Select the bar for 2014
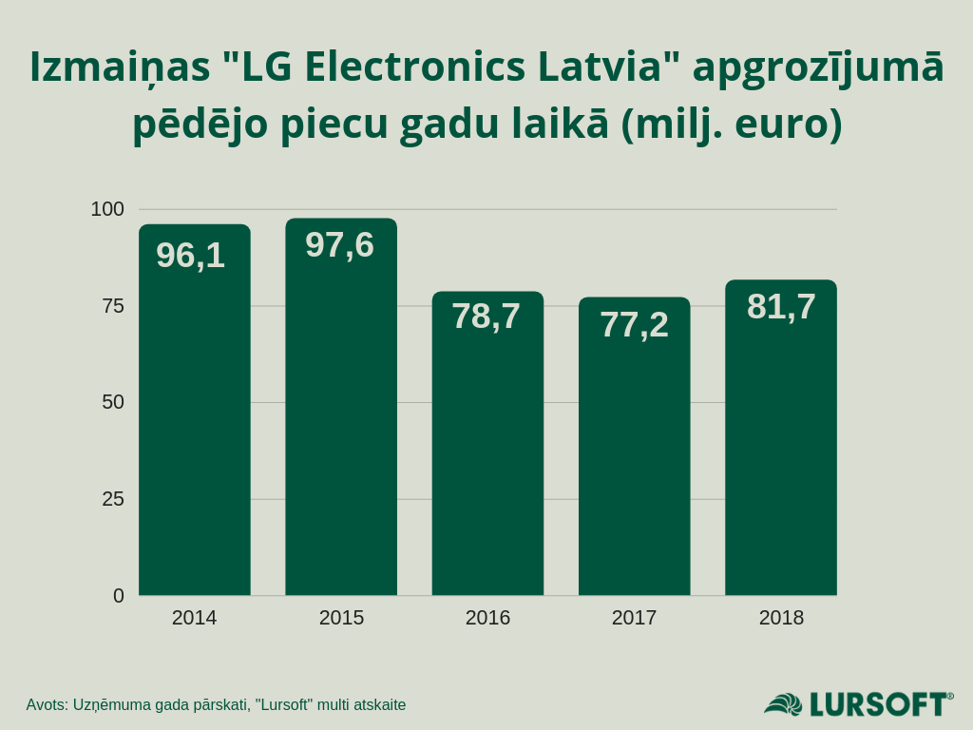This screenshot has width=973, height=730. coord(194,428)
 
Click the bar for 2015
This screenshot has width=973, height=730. coord(341,428)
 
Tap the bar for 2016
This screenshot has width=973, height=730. coord(487,456)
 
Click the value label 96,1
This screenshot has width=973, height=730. coord(190,256)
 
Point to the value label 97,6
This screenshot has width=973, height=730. coord(339,245)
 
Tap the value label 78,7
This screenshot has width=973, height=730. coord(486,317)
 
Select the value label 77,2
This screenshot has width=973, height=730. coord(634,325)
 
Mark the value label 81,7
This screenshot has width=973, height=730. coord(781,307)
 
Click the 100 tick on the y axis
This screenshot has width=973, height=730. coord(107,209)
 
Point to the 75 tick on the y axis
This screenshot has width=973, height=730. coord(113,306)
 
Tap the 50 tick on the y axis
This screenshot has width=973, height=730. coord(113,402)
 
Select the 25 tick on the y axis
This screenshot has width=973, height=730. coord(113,499)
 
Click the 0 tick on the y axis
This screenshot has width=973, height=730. coord(119,596)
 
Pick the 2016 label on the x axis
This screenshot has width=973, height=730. coord(487,618)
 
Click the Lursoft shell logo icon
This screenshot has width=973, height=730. coord(784,704)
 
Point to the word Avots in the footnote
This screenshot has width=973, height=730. coord(46,705)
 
